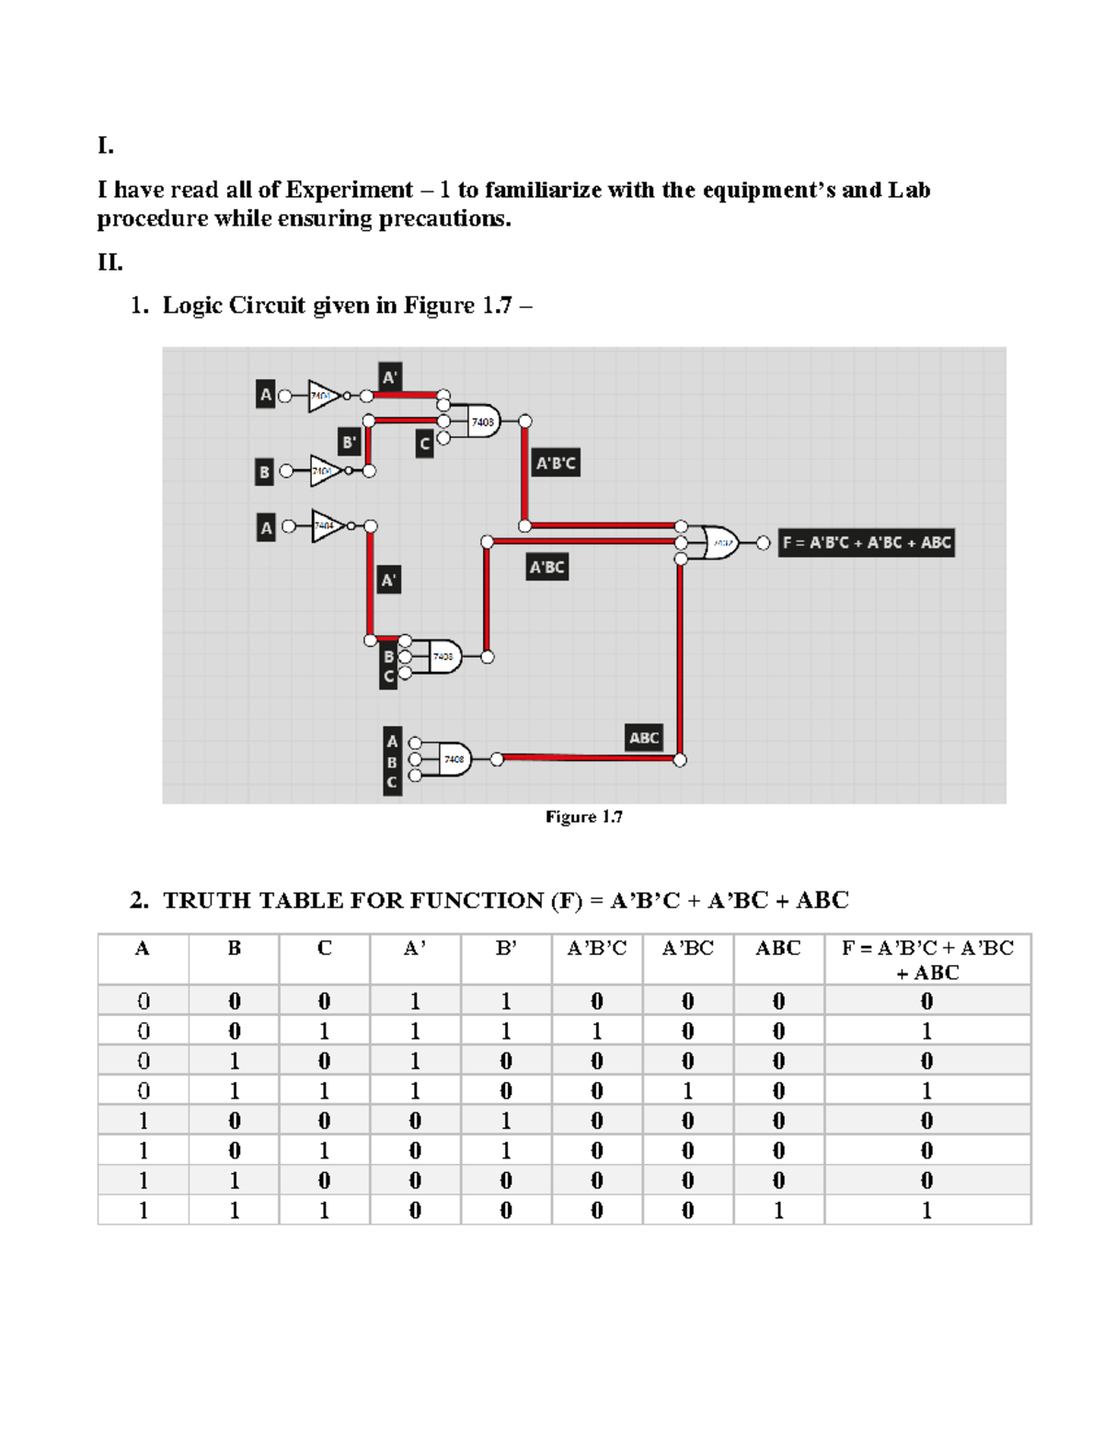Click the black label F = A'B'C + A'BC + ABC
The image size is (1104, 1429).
click(866, 543)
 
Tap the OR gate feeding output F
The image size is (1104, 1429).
click(719, 543)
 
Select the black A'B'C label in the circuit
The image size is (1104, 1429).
click(556, 463)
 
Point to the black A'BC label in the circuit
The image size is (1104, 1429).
click(546, 567)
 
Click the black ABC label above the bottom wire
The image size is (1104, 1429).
click(644, 737)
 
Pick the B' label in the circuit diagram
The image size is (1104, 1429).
click(349, 443)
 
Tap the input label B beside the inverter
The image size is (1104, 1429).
click(265, 472)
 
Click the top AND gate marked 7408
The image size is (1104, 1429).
click(482, 421)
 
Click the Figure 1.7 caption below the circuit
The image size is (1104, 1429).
click(583, 817)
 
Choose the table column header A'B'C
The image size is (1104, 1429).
click(596, 949)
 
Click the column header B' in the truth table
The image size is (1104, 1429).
click(505, 949)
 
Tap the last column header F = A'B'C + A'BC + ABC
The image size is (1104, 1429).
click(927, 960)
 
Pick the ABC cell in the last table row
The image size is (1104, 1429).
click(778, 1210)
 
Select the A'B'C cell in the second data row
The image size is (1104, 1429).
click(596, 1031)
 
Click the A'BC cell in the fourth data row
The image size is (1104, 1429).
click(687, 1090)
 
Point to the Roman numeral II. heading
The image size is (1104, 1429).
click(110, 263)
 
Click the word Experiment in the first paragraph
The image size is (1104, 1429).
click(349, 190)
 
